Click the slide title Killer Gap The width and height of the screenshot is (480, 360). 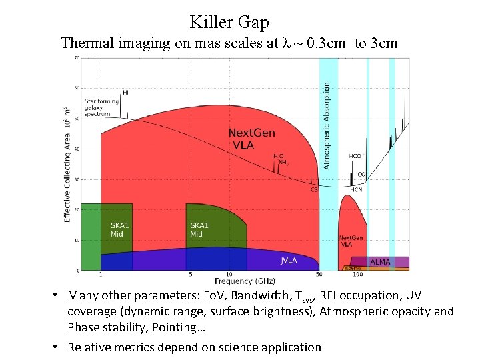coord(229,22)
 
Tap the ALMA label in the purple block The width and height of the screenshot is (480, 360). coord(379,262)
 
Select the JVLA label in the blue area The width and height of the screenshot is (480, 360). coord(288,261)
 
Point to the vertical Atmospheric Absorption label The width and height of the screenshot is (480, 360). coord(326,125)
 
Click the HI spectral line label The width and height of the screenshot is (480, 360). coord(125,92)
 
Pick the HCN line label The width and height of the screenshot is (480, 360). coord(356,189)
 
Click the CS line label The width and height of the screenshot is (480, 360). coord(314,189)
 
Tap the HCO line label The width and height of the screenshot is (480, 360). coord(355,156)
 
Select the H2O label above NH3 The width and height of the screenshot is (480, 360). coord(279,156)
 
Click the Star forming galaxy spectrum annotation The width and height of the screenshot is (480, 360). coord(101,107)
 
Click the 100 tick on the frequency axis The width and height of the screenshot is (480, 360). coord(357,274)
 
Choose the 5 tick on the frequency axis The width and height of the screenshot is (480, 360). coord(190,274)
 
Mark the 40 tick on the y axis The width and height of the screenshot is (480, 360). coord(77,149)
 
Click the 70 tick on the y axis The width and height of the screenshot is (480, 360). coord(77,58)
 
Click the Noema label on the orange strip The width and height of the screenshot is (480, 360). coord(353,268)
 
